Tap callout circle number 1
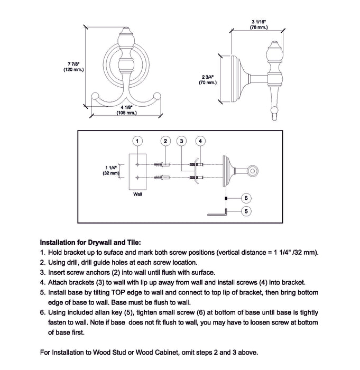point(137,141)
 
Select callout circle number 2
point(165,141)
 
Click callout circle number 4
point(200,141)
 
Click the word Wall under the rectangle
point(137,194)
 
